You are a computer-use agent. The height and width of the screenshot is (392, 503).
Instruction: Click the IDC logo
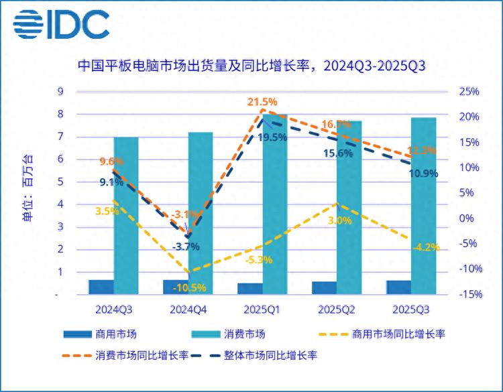[x=61, y=25]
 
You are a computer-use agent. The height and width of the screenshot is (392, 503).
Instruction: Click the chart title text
[x=251, y=66]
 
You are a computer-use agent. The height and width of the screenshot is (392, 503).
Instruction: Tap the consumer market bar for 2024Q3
[x=126, y=215]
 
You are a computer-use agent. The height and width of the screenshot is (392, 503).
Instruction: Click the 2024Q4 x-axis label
[x=187, y=309]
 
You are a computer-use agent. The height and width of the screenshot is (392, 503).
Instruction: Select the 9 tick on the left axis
[x=60, y=92]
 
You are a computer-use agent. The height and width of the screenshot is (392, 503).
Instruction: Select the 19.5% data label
[x=272, y=137]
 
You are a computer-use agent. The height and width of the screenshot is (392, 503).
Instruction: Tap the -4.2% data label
[x=424, y=247]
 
